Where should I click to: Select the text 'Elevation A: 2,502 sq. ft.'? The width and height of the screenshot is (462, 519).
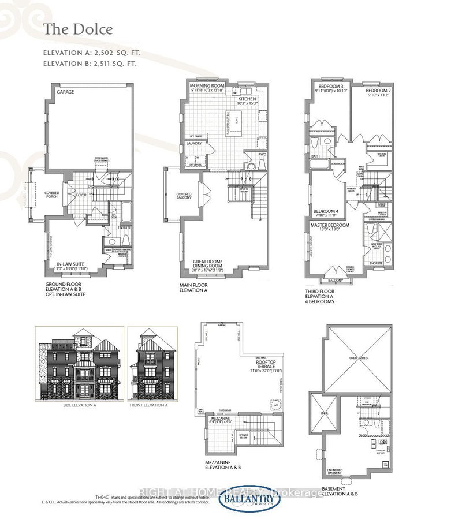92,53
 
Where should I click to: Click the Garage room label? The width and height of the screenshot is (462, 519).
65,92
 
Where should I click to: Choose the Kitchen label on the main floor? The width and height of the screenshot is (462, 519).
247,98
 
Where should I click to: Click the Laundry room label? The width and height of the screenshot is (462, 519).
193,143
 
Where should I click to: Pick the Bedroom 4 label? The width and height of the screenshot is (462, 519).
325,211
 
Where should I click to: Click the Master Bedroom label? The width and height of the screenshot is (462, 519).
330,225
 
